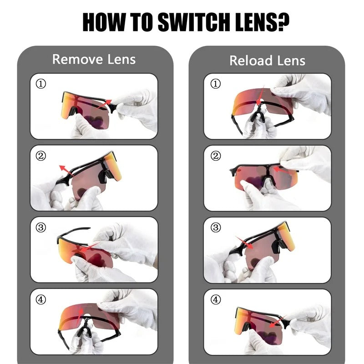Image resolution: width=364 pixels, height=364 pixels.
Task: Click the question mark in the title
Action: [283, 21]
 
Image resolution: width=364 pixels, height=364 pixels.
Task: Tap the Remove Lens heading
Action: [94, 59]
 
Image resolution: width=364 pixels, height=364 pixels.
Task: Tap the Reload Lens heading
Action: [267, 61]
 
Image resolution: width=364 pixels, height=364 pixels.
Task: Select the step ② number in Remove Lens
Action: [40, 155]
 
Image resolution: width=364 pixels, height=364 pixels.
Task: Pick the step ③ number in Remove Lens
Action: [40, 227]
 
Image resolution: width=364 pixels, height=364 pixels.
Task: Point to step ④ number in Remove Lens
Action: [40, 299]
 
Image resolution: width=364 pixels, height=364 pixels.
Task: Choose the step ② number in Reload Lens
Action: [215, 155]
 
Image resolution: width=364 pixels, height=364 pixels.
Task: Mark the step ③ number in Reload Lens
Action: [215, 227]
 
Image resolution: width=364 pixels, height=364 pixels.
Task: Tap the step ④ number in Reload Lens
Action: [215, 299]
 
